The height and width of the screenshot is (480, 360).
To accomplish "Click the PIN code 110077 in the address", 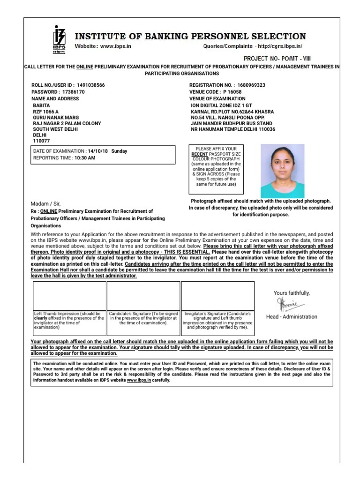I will click(x=41, y=141).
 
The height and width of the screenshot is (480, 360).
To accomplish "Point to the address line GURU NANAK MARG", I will click(x=55, y=118).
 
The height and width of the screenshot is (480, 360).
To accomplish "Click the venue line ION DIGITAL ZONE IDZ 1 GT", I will click(x=221, y=106).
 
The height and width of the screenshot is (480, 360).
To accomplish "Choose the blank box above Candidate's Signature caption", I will click(x=143, y=295).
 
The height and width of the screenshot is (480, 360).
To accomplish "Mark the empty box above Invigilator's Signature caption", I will click(x=217, y=295).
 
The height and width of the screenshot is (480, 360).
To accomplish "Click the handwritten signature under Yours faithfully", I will click(x=288, y=304).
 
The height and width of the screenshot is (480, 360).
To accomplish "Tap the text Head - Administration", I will click(x=292, y=317).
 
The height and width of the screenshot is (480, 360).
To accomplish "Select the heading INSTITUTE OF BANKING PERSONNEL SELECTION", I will click(x=190, y=36).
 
